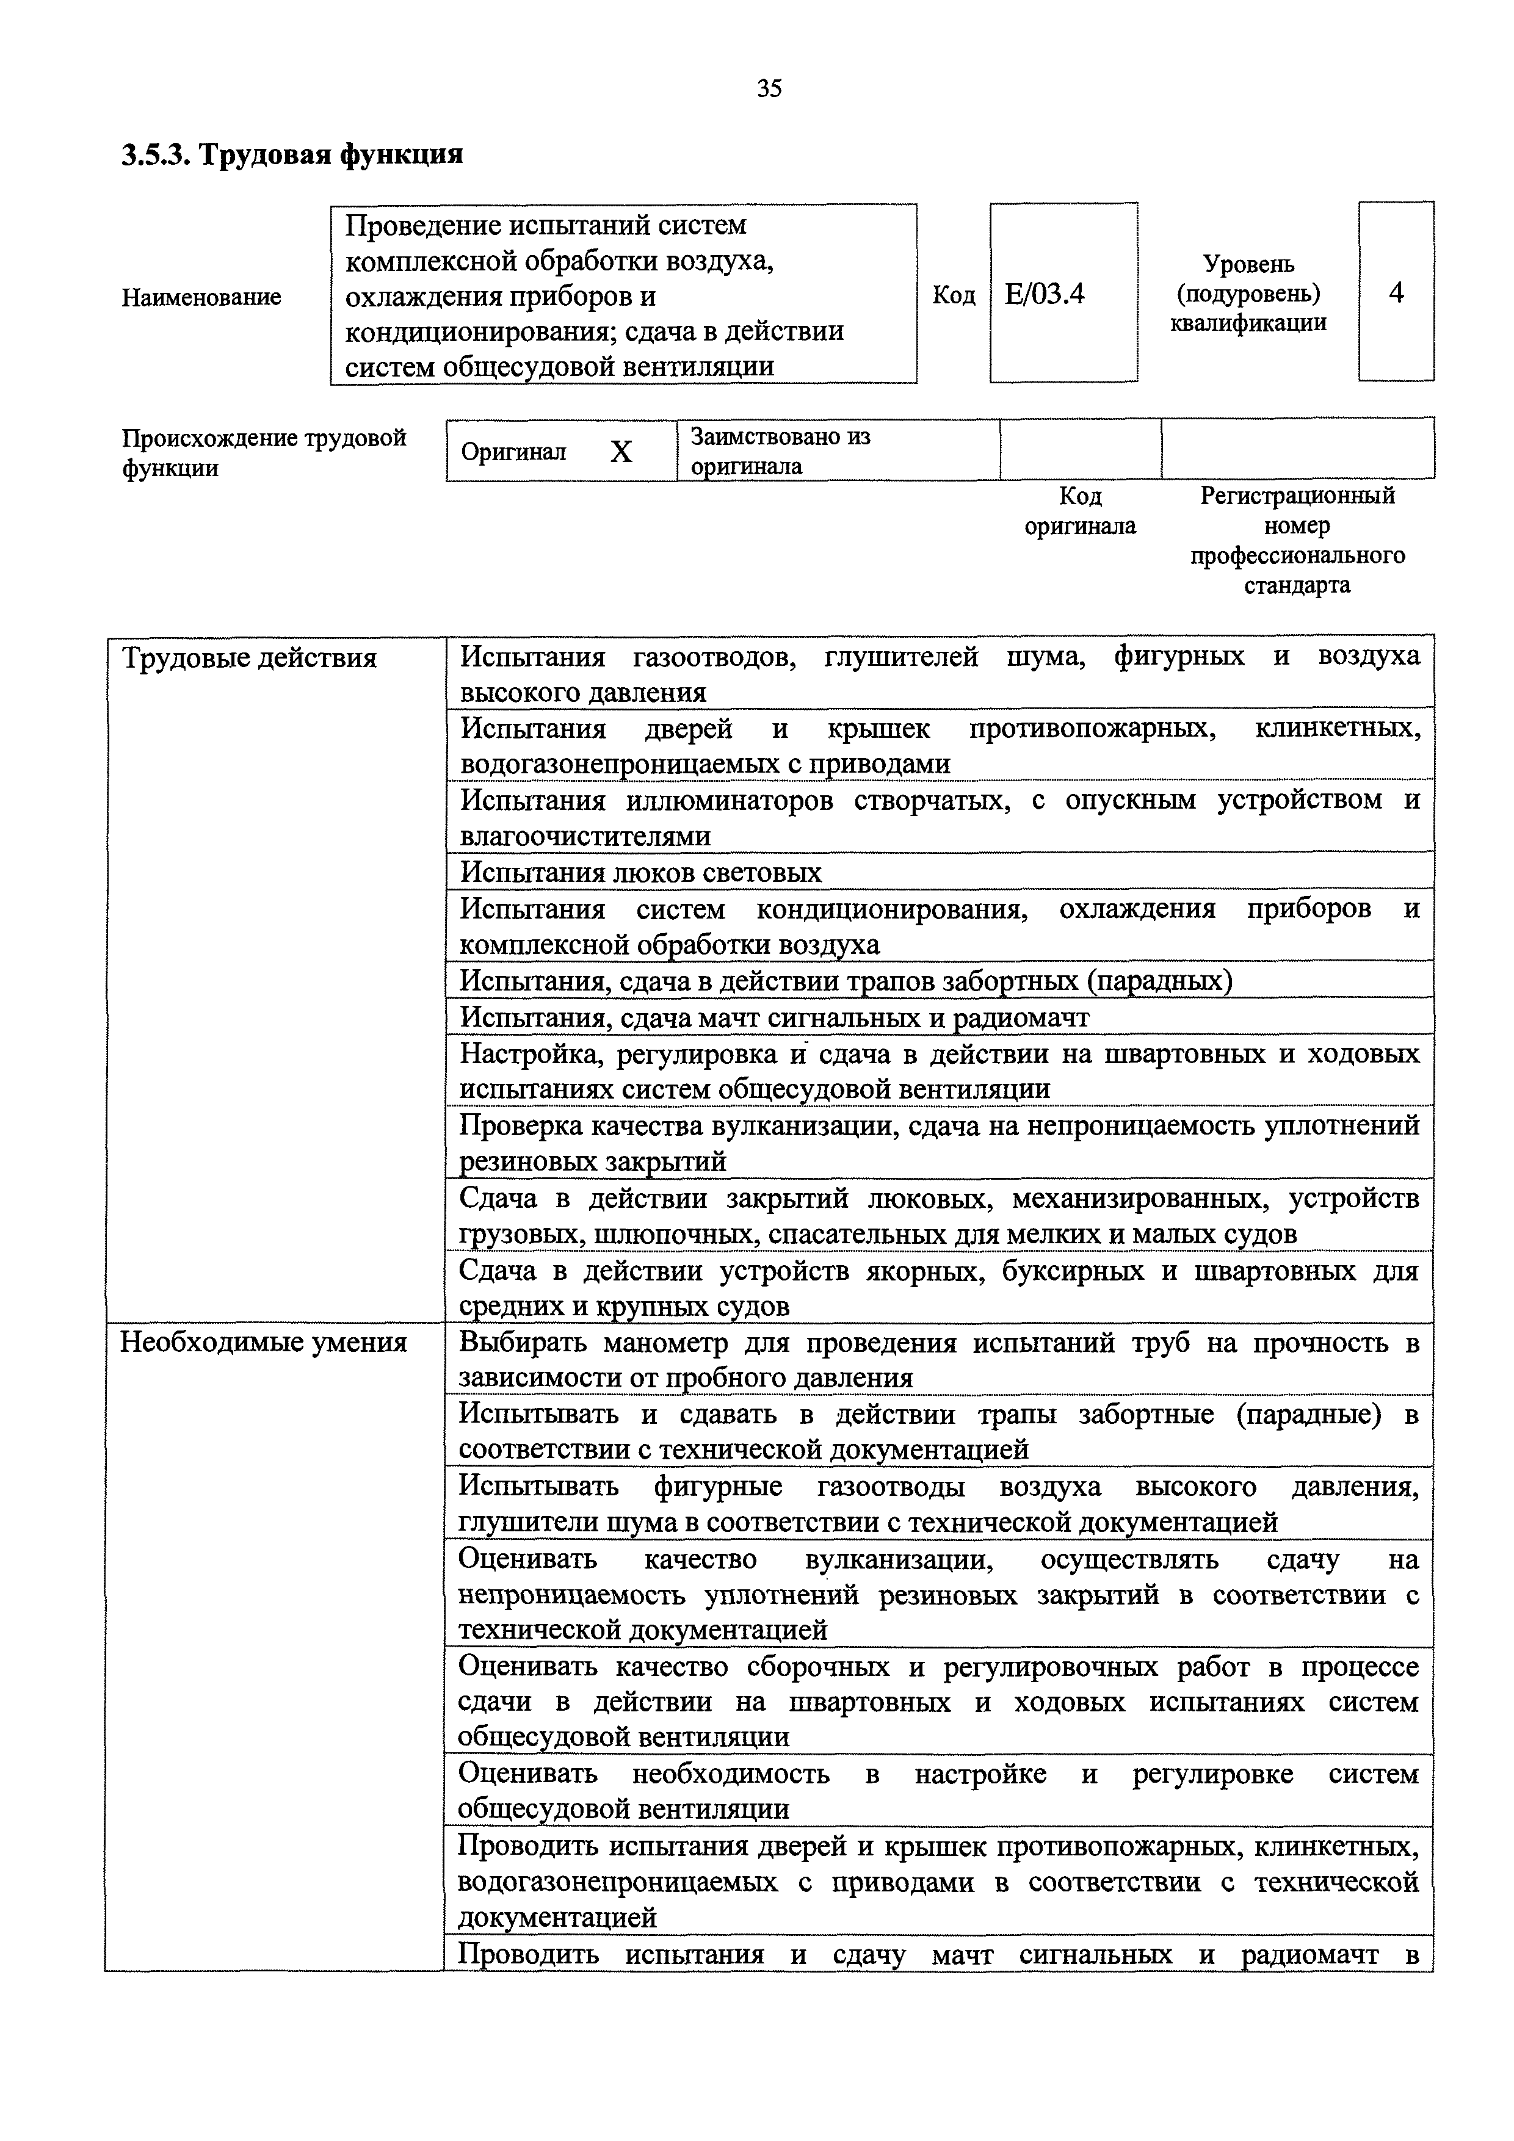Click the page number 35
(x=769, y=88)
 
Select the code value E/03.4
(x=1045, y=295)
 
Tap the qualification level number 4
(x=1396, y=294)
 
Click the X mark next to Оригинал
(x=621, y=452)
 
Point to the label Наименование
(x=201, y=297)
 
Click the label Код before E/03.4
(x=954, y=295)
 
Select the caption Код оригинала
(x=1080, y=511)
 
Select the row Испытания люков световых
(x=641, y=873)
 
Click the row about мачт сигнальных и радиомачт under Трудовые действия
(x=774, y=1017)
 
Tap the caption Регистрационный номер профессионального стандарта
(x=1297, y=540)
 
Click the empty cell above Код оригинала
(x=1080, y=449)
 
